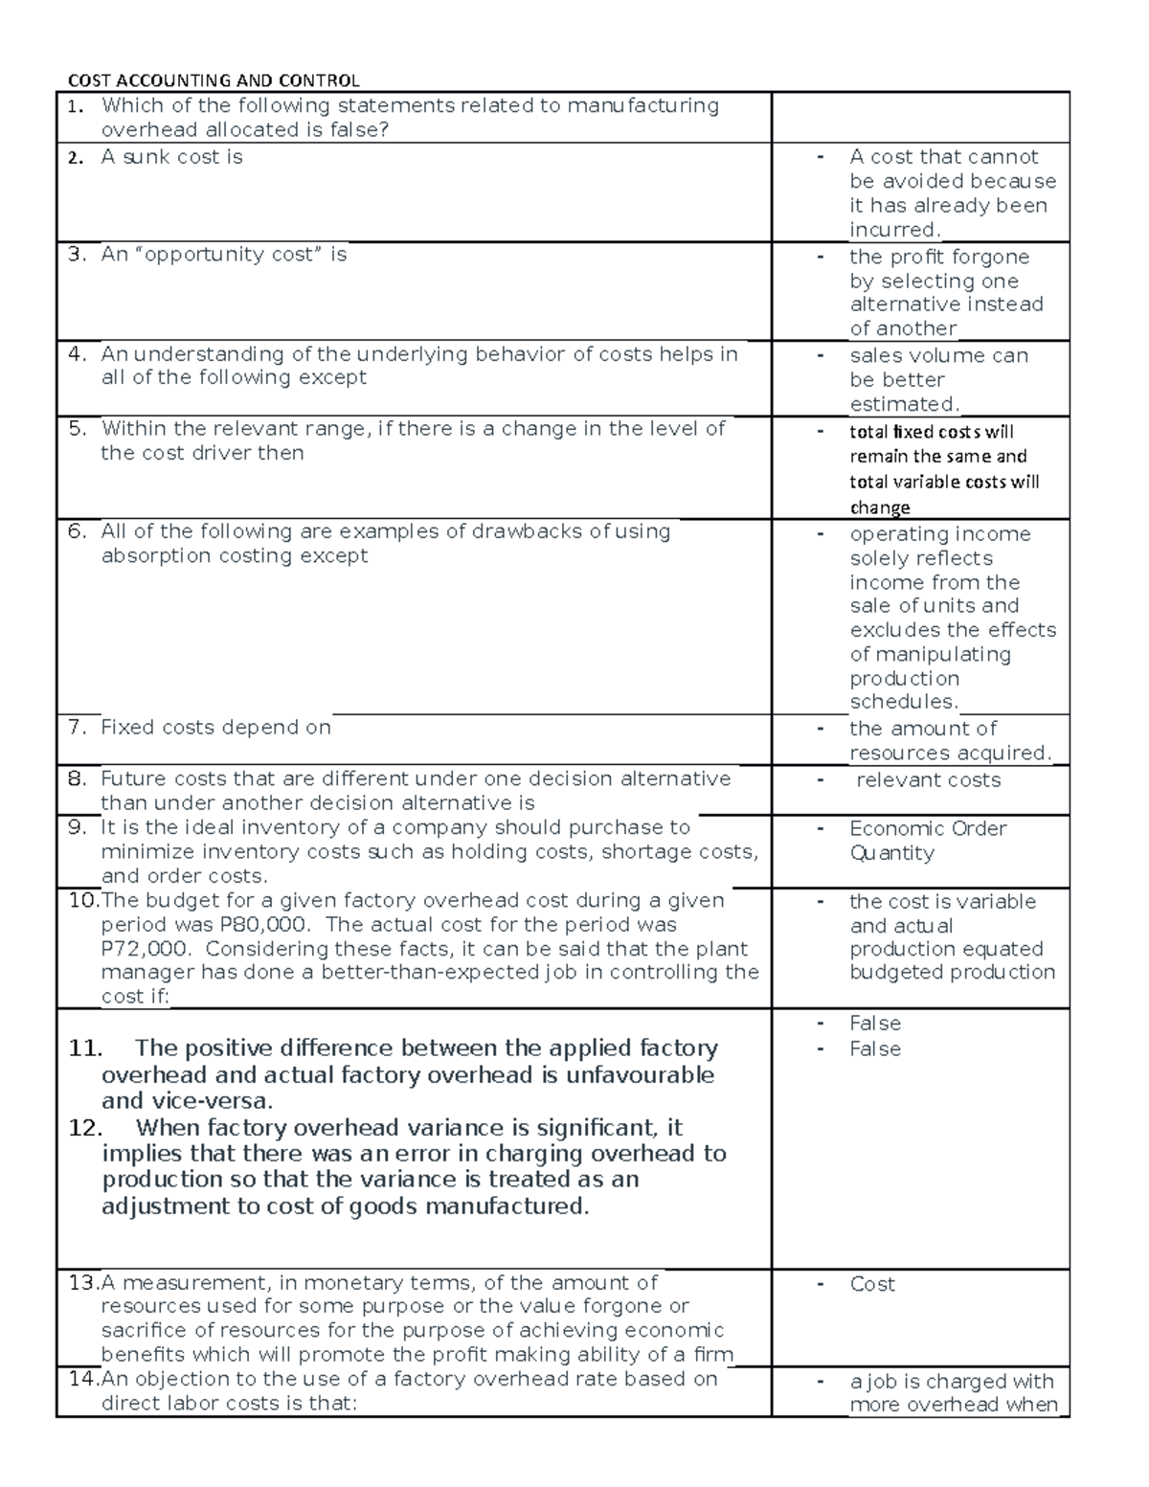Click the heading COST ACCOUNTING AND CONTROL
(x=213, y=80)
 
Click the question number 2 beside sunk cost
(x=76, y=158)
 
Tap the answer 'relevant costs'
(x=928, y=780)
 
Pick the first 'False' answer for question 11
(x=874, y=1024)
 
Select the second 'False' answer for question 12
(x=874, y=1049)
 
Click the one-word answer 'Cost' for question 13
(x=871, y=1284)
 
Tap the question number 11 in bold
(x=85, y=1048)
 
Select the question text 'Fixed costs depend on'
(x=215, y=728)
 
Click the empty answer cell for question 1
(x=919, y=118)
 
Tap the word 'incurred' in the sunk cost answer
(x=893, y=230)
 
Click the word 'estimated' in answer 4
(x=903, y=404)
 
